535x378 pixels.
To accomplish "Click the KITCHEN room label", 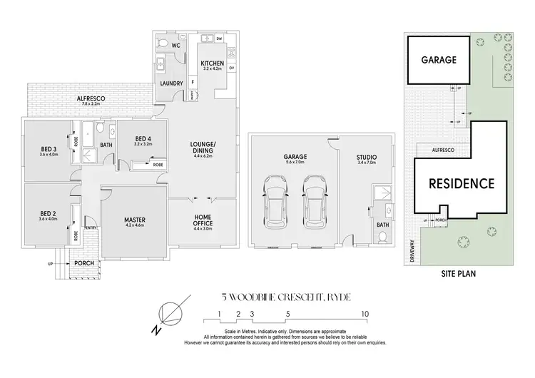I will [x=213, y=63].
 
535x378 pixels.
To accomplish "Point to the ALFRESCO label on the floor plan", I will [x=93, y=99].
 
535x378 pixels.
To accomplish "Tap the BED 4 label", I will [x=143, y=139].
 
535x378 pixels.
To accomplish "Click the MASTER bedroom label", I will [x=135, y=220].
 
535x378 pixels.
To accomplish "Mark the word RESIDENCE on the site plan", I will [x=461, y=183].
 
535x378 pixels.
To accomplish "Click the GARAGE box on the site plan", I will [x=437, y=61].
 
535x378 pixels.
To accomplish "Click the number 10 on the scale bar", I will [x=365, y=313].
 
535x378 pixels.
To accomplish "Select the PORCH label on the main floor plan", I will [x=85, y=262].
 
